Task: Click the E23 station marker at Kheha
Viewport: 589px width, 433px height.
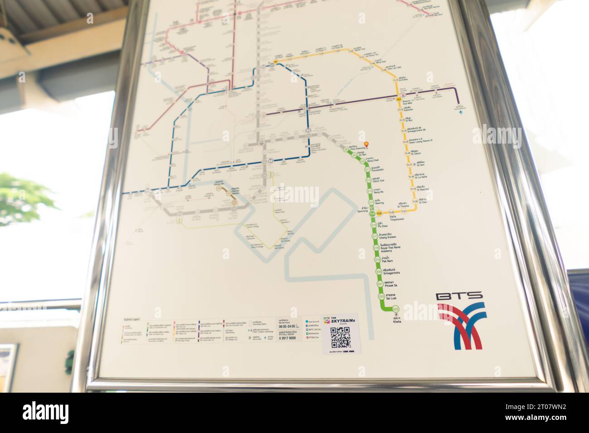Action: (396, 309)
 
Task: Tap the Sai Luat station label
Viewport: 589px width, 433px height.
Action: (392, 298)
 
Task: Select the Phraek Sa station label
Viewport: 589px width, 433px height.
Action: (391, 285)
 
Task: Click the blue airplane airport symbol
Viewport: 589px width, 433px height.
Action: (461, 111)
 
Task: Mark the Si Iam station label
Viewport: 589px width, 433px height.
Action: (420, 164)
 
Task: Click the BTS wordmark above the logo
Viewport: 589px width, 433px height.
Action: (459, 296)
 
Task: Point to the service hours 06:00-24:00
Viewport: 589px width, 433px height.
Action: (289, 327)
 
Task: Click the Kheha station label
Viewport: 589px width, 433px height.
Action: (397, 320)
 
